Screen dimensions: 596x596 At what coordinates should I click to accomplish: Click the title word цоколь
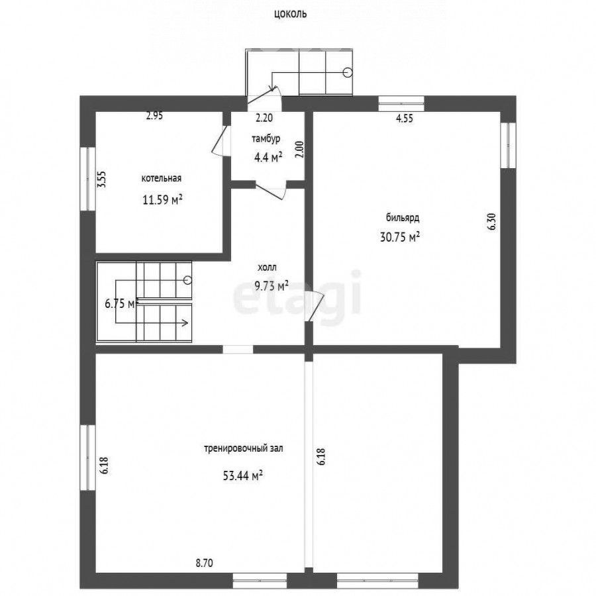click(x=290, y=14)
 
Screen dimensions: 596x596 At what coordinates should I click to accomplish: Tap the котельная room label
click(x=162, y=178)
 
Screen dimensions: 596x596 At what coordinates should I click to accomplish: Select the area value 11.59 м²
click(x=162, y=199)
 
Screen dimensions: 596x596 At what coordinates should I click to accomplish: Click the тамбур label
click(x=266, y=139)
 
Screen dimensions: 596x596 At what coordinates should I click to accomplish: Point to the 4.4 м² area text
click(x=268, y=157)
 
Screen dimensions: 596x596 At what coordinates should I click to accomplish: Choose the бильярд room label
click(x=403, y=218)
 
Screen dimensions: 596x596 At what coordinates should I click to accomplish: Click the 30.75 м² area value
click(x=400, y=237)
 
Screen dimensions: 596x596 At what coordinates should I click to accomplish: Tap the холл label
click(x=268, y=268)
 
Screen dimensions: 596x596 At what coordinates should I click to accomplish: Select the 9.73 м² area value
click(x=272, y=285)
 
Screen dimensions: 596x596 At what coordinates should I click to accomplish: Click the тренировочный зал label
click(x=244, y=448)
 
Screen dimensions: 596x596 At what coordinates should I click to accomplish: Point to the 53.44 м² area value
click(x=243, y=475)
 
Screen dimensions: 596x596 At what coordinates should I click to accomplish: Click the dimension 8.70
click(x=204, y=563)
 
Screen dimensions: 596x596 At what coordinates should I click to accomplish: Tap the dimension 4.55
click(x=405, y=119)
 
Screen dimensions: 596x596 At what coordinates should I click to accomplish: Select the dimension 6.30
click(x=492, y=222)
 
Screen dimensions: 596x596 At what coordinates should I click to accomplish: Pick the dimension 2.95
click(x=155, y=115)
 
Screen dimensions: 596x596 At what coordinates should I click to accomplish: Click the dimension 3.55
click(x=101, y=179)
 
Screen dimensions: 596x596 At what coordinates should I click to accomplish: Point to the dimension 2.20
click(x=264, y=118)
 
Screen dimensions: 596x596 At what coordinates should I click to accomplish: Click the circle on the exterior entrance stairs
click(x=348, y=72)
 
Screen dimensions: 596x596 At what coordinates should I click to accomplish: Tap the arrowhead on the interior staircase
click(x=185, y=323)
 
